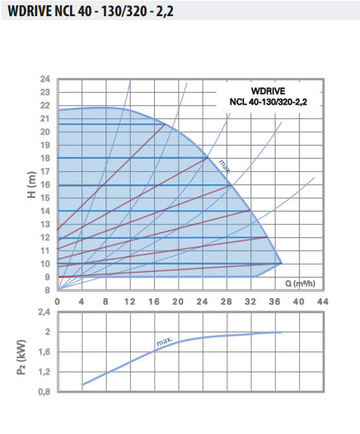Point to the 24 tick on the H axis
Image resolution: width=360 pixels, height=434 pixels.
tap(45, 80)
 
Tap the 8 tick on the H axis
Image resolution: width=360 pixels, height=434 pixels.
tap(48, 290)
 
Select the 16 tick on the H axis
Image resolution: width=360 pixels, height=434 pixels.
tap(45, 185)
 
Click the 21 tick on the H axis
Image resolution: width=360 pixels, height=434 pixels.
tap(45, 119)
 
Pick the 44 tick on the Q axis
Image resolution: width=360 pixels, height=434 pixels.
tap(322, 302)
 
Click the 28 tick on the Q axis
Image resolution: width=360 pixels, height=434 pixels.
tap(226, 302)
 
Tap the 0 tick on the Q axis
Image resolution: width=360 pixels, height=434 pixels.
tap(58, 302)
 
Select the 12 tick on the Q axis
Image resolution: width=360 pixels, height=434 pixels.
tap(130, 302)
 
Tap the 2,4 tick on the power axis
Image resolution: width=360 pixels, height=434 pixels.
tap(43, 312)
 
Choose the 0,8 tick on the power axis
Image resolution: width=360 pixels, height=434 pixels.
tap(43, 391)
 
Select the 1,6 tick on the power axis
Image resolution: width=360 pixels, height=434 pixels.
tap(43, 352)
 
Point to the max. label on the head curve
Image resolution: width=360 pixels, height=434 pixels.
tap(224, 166)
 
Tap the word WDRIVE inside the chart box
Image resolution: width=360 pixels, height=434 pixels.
tap(267, 91)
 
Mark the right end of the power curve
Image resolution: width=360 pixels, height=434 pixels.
tap(282, 332)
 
